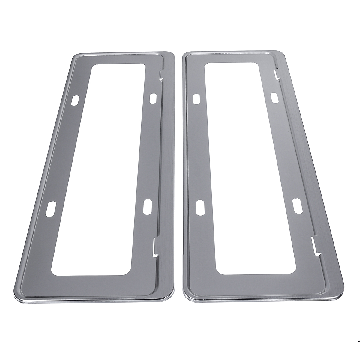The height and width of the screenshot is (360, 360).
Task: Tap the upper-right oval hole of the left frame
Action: pos(153,97)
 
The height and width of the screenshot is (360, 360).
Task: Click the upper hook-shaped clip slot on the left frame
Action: pos(161,76)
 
